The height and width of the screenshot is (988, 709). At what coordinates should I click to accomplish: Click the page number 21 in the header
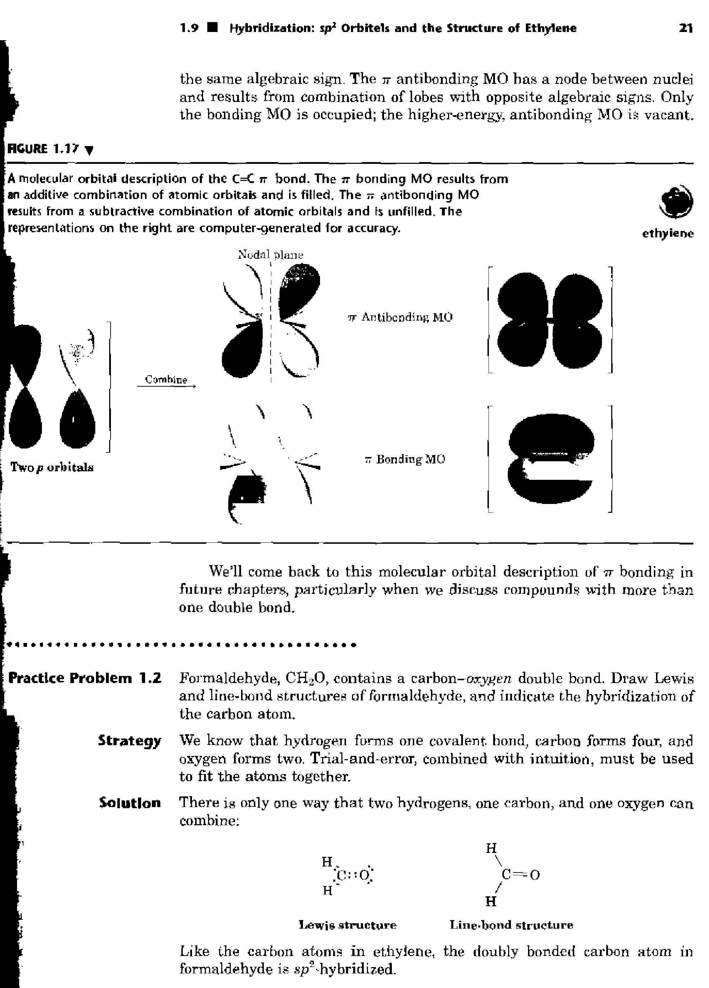pos(686,28)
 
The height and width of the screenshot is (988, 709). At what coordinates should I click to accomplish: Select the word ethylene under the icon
pos(668,234)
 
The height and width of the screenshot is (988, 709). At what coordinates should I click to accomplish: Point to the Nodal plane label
pos(270,255)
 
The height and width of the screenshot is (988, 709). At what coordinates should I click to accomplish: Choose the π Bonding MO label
pos(405,459)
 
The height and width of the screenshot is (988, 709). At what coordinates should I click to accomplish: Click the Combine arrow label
pos(166,380)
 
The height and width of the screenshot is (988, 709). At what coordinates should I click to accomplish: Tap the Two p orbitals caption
pos(52,467)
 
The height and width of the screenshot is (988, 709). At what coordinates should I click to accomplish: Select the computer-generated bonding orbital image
pos(550,459)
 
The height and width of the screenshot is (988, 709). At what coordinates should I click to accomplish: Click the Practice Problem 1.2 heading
pos(85,678)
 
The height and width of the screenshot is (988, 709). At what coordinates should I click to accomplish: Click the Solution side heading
pos(129,802)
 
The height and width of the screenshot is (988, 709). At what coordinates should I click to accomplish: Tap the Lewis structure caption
pos(347,925)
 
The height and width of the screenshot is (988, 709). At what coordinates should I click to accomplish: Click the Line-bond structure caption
pos(511,925)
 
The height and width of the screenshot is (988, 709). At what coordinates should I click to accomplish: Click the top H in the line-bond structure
pos(491,848)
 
